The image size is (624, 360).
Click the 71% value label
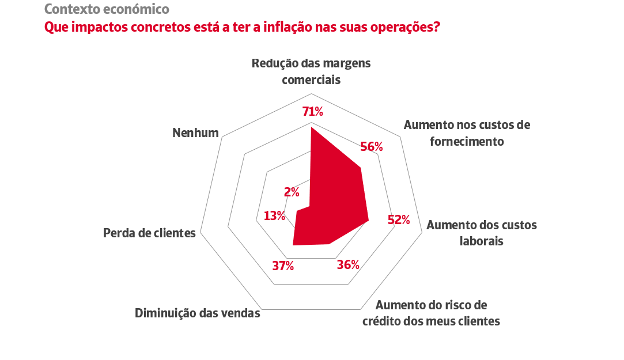tap(313, 112)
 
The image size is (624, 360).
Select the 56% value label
tap(372, 147)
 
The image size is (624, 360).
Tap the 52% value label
tap(399, 220)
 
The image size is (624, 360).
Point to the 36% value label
tap(348, 265)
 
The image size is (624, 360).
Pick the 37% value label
tap(283, 266)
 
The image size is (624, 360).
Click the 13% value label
tap(274, 216)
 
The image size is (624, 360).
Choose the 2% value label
tap(292, 192)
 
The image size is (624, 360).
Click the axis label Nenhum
tap(196, 133)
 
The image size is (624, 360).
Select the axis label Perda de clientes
tap(149, 233)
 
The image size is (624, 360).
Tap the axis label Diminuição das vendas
tap(198, 314)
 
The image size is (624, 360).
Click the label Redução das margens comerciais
tap(311, 71)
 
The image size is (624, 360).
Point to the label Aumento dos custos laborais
tap(482, 233)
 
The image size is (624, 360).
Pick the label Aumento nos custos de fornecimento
tap(467, 132)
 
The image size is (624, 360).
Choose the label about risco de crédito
tap(431, 313)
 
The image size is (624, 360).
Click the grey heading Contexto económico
tap(107, 9)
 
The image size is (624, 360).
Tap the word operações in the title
tap(403, 27)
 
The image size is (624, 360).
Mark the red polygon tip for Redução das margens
tap(311, 128)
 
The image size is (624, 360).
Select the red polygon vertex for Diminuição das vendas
tap(293, 245)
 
